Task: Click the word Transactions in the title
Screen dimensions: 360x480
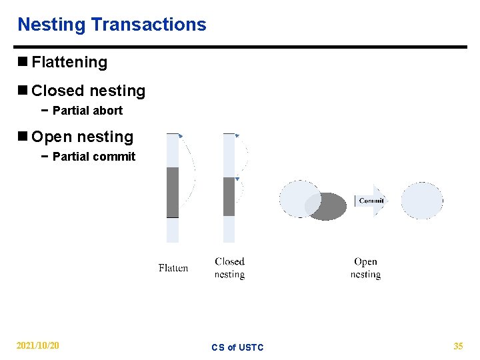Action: pos(149,25)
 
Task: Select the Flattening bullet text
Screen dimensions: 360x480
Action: pos(69,62)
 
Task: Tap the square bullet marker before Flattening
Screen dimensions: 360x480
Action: pos(23,62)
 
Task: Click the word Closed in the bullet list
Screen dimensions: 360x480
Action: pos(55,91)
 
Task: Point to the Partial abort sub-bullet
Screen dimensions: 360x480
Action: pos(87,111)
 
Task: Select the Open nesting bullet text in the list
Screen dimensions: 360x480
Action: pos(83,137)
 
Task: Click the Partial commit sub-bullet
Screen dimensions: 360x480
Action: pos(93,157)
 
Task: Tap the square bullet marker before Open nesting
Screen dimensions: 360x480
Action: pos(23,137)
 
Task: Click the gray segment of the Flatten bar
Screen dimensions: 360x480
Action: pos(173,192)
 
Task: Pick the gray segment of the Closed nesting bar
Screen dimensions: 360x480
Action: pos(229,196)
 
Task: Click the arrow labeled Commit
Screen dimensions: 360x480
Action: pos(371,201)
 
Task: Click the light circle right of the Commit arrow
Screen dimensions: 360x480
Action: pos(421,201)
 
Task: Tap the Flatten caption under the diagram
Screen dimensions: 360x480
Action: pos(173,268)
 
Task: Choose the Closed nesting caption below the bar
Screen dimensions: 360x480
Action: pos(229,268)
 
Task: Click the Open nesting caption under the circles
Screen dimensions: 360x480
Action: pos(365,268)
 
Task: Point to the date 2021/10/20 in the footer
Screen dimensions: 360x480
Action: pos(38,346)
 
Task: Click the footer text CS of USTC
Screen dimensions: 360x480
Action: pos(237,347)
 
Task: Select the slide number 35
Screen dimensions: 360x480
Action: pos(458,346)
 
